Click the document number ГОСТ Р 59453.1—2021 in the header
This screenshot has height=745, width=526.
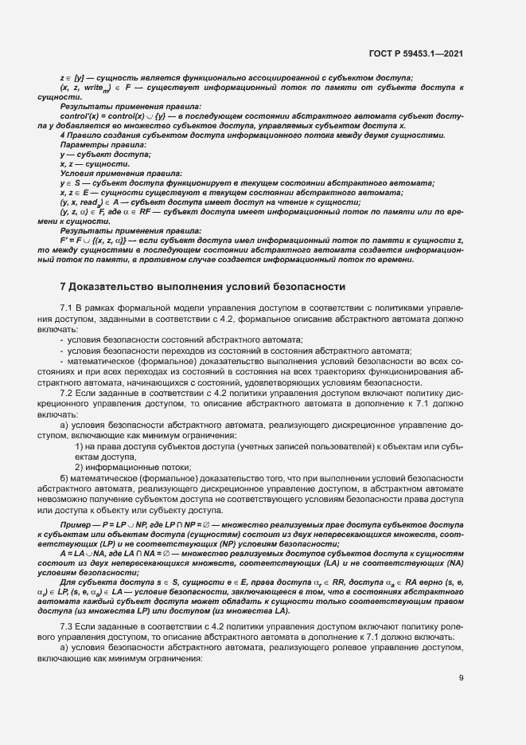point(416,53)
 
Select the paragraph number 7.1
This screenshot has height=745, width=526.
point(67,308)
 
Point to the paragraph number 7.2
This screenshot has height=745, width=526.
point(67,393)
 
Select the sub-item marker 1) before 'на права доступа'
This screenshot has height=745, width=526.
point(80,447)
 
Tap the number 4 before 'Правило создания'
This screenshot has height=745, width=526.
point(63,135)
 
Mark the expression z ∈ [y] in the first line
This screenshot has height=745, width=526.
point(73,77)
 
